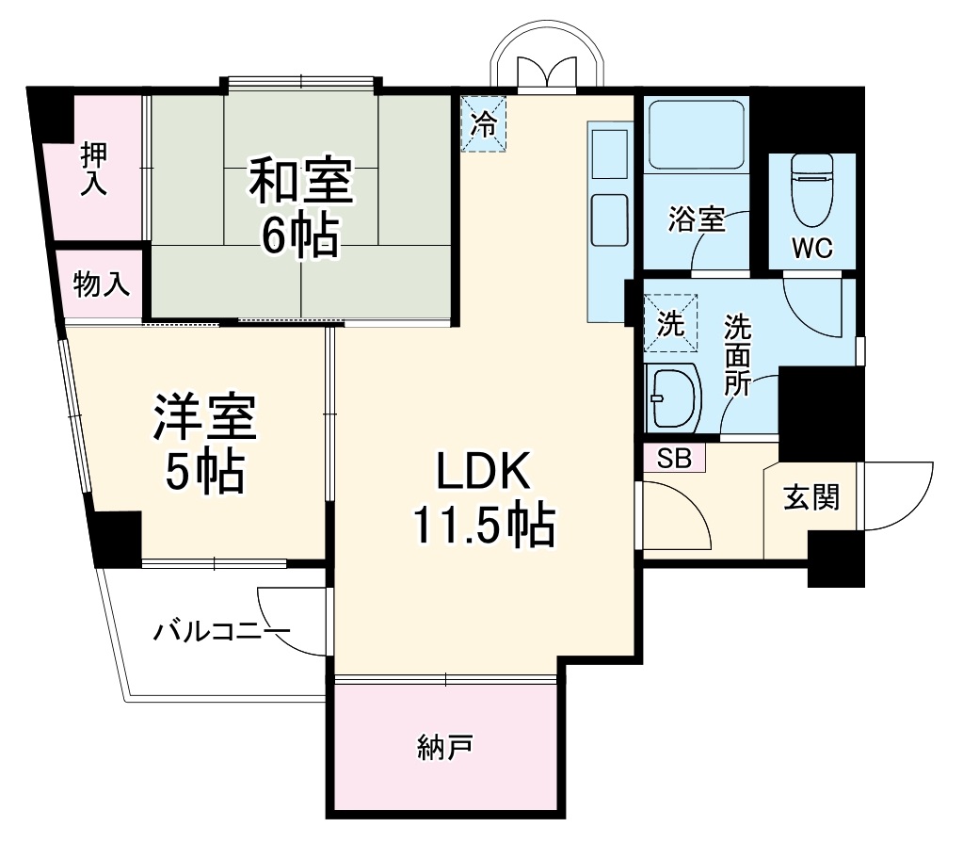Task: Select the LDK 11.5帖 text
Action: [483, 497]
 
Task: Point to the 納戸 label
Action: [443, 749]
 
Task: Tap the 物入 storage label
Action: [101, 285]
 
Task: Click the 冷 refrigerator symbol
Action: [483, 124]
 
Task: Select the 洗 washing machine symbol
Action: [670, 324]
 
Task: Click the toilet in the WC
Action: [812, 184]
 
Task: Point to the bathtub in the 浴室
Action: [697, 135]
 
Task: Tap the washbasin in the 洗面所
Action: [673, 396]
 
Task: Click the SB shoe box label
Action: [674, 459]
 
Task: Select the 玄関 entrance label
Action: [811, 498]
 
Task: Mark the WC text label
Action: [811, 248]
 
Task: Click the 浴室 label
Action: [696, 219]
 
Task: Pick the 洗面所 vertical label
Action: [737, 356]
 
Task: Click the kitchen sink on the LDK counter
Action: [608, 219]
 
